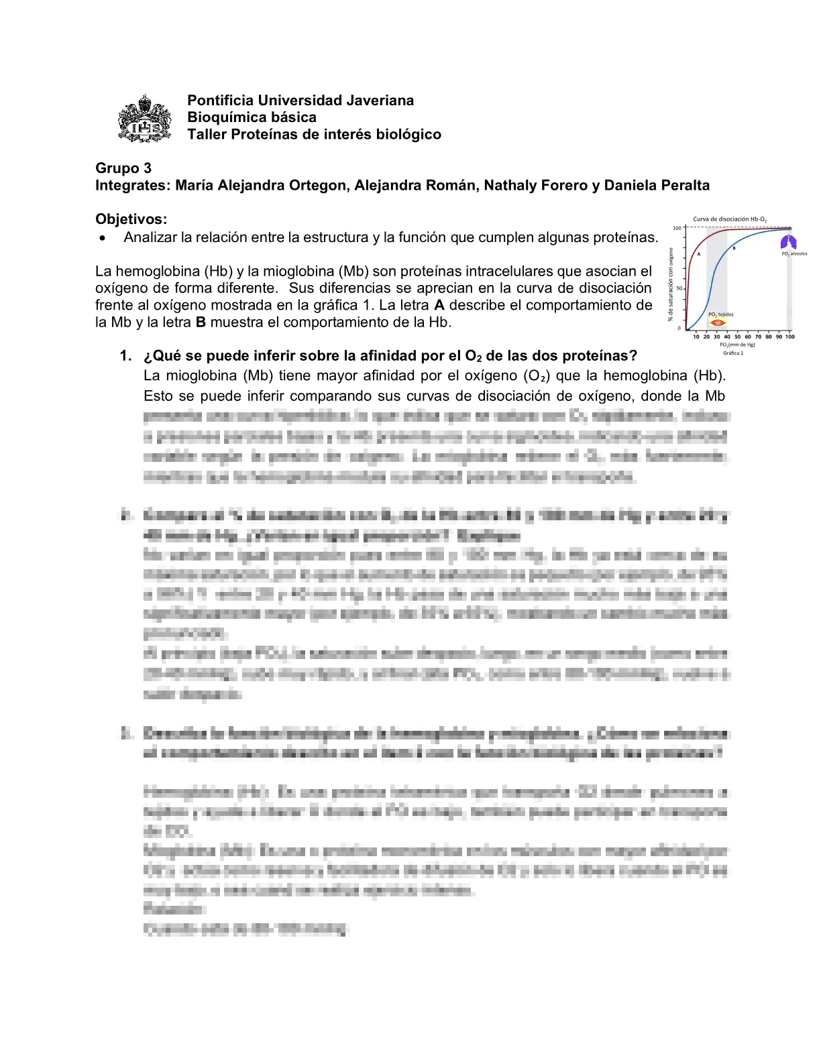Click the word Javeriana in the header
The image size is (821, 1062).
(380, 101)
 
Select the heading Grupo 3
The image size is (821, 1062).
(123, 168)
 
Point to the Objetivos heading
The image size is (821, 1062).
(131, 219)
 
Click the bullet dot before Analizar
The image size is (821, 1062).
(102, 238)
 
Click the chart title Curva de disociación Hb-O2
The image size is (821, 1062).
(730, 219)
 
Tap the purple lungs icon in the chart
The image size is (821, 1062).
(789, 242)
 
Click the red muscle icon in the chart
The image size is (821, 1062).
(718, 322)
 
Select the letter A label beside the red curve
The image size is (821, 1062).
(698, 254)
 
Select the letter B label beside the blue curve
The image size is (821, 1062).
(734, 249)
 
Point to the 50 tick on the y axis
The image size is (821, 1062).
(679, 288)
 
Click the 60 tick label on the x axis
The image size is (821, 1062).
(748, 337)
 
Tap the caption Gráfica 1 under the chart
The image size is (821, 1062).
(733, 353)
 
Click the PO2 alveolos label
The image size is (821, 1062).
(794, 254)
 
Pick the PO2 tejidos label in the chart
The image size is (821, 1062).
(720, 314)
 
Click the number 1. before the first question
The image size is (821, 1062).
(126, 356)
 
